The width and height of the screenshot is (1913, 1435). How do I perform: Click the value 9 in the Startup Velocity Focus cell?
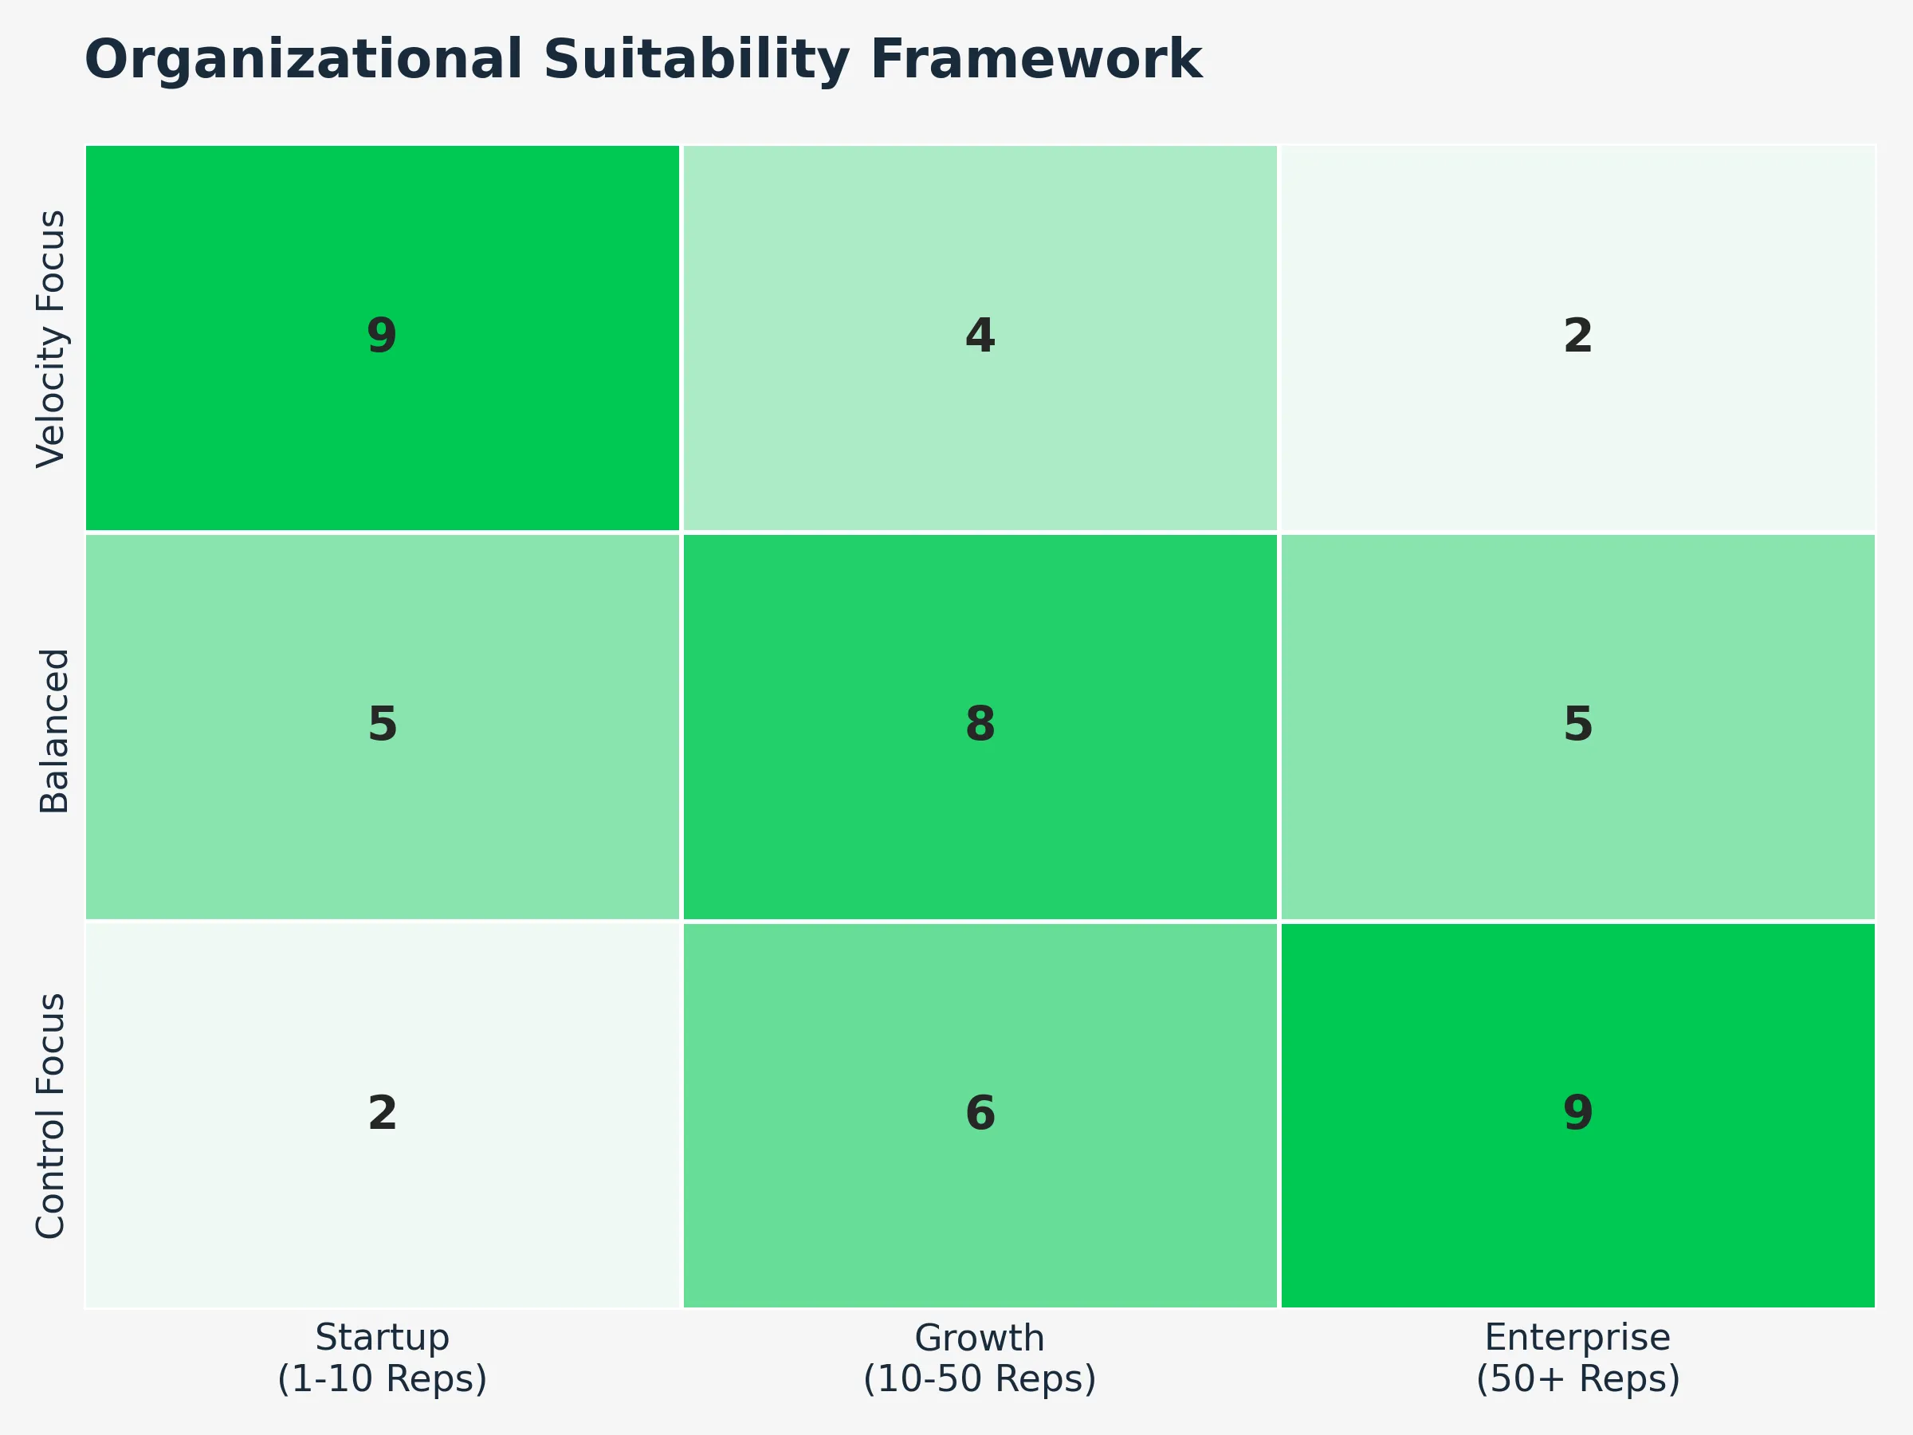381,336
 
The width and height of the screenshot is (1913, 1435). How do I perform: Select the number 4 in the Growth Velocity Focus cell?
980,336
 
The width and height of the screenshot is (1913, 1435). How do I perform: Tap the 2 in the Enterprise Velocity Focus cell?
1577,336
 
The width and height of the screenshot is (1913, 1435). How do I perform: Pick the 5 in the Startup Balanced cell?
381,725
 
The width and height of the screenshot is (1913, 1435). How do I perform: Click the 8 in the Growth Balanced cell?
980,725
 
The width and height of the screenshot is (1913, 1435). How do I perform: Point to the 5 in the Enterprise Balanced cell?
1577,725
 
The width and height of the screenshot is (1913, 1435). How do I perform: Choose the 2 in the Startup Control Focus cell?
381,1113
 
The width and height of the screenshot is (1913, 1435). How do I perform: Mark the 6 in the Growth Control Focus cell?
980,1113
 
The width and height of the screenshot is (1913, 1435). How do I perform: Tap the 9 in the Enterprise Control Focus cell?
1577,1113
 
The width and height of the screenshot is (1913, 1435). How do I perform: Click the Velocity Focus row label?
52,338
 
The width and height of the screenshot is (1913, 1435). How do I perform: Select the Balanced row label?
53,731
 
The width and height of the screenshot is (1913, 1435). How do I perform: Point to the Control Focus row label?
52,1115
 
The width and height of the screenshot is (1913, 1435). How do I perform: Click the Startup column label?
381,1338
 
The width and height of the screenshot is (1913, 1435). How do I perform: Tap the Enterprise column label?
1577,1338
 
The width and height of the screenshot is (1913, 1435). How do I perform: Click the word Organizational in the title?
304,61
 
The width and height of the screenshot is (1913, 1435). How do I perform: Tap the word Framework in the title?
1035,61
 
